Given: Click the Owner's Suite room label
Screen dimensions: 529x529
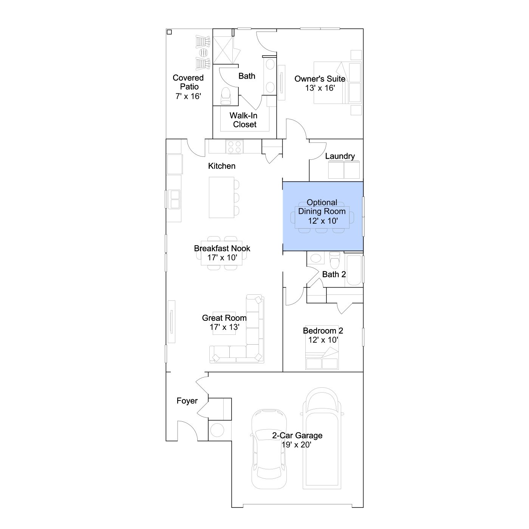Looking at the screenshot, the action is click(x=320, y=79).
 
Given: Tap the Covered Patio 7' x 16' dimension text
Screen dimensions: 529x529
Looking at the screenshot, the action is click(x=188, y=96).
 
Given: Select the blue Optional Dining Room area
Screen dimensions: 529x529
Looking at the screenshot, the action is click(x=323, y=216).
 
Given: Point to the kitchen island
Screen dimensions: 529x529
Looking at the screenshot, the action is click(x=221, y=197).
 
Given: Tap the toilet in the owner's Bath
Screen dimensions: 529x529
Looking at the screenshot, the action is click(x=226, y=96).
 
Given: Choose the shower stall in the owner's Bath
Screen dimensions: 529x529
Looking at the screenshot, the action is click(x=223, y=50).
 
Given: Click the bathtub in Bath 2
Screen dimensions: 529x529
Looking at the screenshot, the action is click(x=354, y=271).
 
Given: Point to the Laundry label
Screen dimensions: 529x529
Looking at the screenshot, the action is click(x=340, y=156).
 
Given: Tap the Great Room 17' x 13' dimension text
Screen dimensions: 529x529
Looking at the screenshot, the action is click(x=224, y=327).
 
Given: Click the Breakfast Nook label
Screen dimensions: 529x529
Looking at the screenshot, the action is click(x=222, y=248).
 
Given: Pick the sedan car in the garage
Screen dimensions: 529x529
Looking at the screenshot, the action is click(x=269, y=449).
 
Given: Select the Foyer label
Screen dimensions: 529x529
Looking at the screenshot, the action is click(x=187, y=401).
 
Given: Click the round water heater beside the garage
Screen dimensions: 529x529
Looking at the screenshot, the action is click(x=217, y=429).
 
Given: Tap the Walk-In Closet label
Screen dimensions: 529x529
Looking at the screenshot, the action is click(x=244, y=120).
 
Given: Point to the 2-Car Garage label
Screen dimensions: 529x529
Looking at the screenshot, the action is click(x=297, y=435).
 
